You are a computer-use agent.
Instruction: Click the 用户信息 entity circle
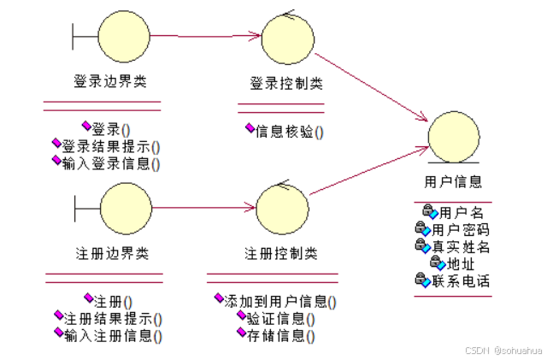pyautogui.click(x=452, y=136)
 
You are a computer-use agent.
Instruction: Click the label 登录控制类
pyautogui.click(x=286, y=84)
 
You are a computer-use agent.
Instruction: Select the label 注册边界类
pyautogui.click(x=112, y=254)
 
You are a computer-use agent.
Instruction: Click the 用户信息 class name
pyautogui.click(x=453, y=181)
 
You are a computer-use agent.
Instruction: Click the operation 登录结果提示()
pyautogui.click(x=111, y=146)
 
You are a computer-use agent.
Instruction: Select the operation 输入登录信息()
pyautogui.click(x=111, y=162)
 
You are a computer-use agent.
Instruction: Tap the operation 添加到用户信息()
pyautogui.click(x=279, y=302)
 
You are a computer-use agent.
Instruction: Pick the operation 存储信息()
pyautogui.click(x=280, y=335)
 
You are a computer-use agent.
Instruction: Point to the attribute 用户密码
pyautogui.click(x=460, y=229)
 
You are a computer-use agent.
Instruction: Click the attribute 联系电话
pyautogui.click(x=460, y=280)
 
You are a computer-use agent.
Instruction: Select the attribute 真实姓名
pyautogui.click(x=460, y=246)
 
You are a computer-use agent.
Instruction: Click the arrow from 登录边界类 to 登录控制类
pyautogui.click(x=205, y=36)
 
